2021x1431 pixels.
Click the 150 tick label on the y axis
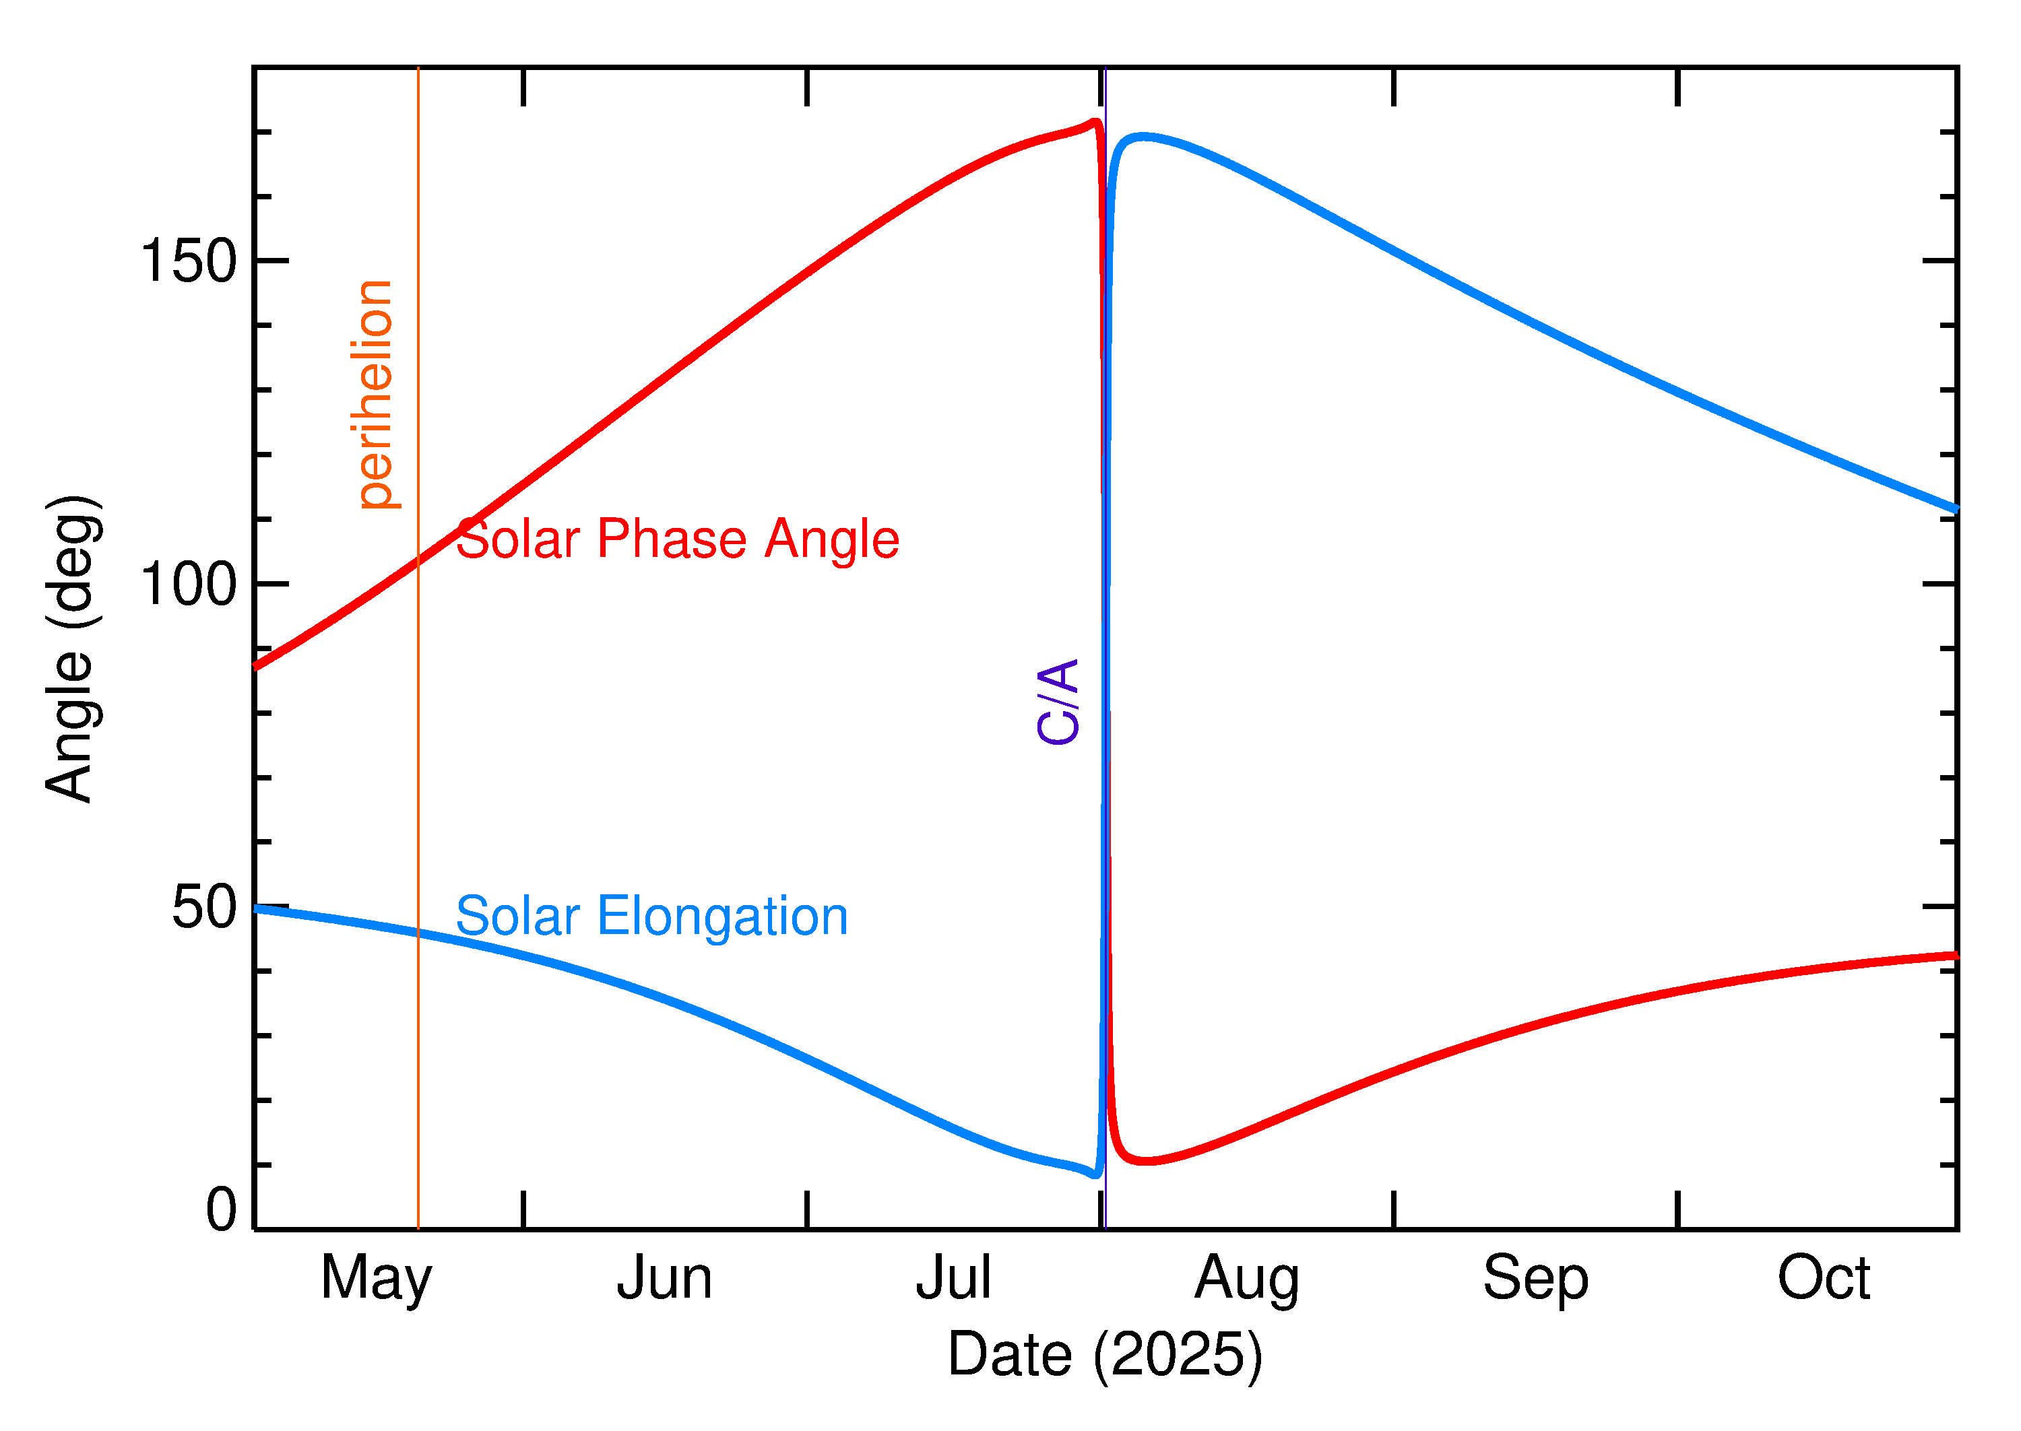(x=189, y=262)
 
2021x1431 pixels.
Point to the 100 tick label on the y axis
(x=189, y=585)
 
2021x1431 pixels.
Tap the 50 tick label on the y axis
(x=205, y=908)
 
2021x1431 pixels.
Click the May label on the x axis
(x=377, y=1280)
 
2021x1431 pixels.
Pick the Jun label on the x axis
(x=664, y=1279)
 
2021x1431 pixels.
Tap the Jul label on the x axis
(x=954, y=1279)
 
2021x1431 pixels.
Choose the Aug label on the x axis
(x=1247, y=1280)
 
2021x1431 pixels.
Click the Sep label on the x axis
(x=1536, y=1280)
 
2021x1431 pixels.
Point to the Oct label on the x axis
(x=1824, y=1279)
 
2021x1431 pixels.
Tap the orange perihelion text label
(x=375, y=394)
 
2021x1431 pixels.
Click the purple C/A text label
(x=1058, y=702)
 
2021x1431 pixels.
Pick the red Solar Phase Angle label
(x=677, y=539)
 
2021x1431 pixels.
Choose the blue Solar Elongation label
(x=651, y=917)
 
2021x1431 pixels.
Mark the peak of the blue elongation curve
(x=1143, y=137)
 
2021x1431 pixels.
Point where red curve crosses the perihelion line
(x=418, y=560)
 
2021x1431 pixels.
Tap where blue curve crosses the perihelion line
(x=418, y=932)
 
